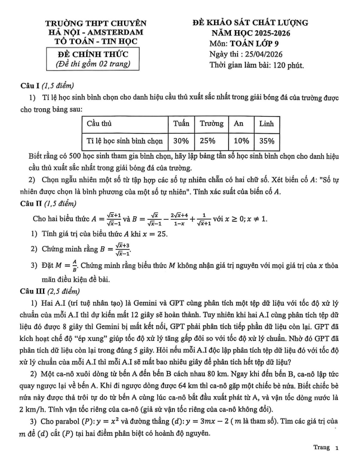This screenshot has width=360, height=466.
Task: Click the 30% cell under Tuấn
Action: point(181,141)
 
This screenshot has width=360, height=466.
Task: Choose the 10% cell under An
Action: point(241,141)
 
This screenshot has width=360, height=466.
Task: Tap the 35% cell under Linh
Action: point(267,141)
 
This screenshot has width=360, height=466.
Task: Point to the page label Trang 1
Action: point(326,448)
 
